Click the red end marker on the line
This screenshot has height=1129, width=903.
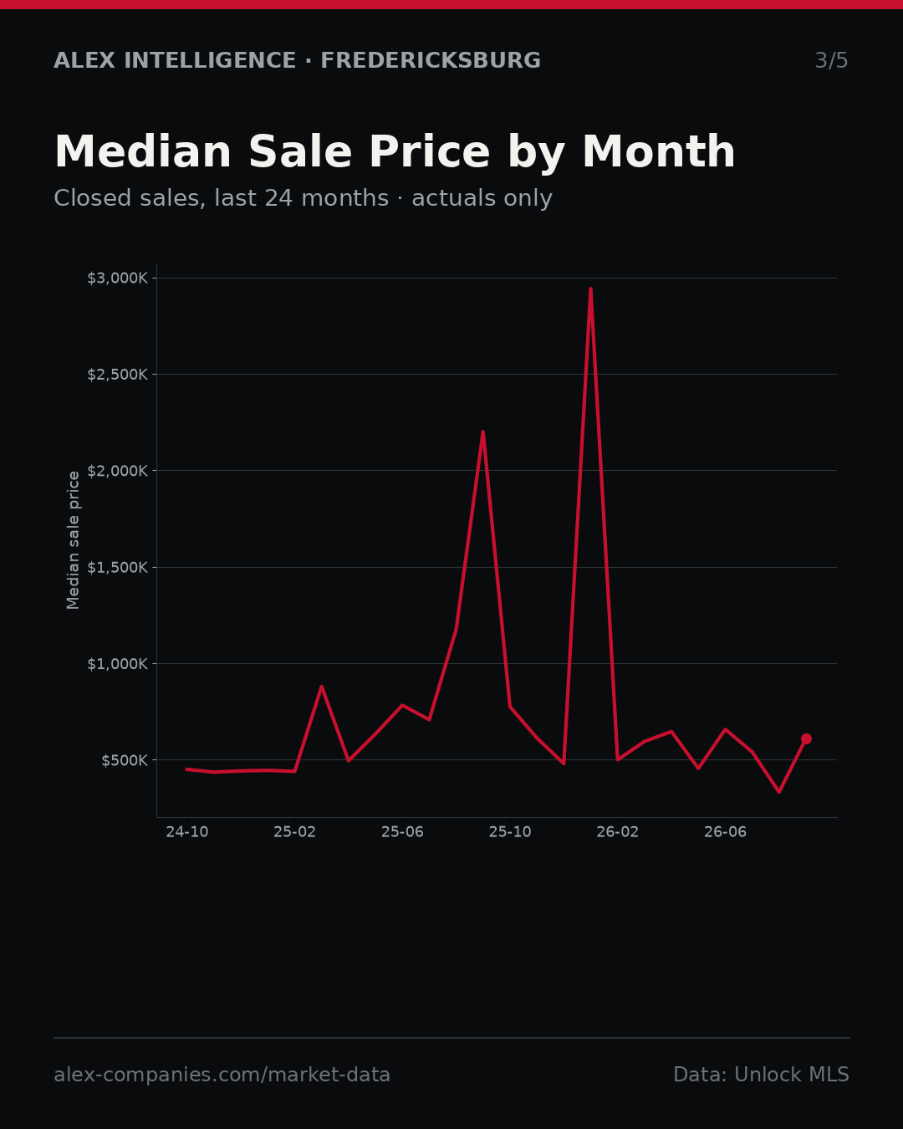click(x=806, y=738)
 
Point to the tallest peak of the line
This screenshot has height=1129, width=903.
click(x=590, y=289)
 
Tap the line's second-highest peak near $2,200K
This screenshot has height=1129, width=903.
click(x=482, y=432)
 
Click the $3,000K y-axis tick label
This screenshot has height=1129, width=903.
click(x=118, y=278)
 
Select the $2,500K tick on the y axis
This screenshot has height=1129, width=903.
click(x=118, y=375)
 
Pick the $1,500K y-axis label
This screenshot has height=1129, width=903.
click(x=118, y=567)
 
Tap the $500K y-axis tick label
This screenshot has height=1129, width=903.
click(x=125, y=760)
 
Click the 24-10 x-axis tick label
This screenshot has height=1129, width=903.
click(x=187, y=831)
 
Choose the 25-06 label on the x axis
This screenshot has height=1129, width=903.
click(x=402, y=831)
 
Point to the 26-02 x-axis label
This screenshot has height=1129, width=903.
click(x=618, y=831)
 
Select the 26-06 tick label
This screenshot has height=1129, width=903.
click(x=725, y=831)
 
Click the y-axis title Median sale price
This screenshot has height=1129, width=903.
click(x=73, y=540)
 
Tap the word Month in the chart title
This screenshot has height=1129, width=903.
click(x=659, y=151)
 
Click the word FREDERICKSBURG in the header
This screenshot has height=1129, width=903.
click(x=431, y=60)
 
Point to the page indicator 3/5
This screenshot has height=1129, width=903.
click(x=832, y=60)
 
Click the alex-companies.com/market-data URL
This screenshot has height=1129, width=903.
click(x=222, y=1075)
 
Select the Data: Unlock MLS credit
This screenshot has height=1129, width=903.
click(x=762, y=1075)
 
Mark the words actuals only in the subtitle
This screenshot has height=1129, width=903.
click(x=482, y=198)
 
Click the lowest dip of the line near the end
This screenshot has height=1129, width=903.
click(x=779, y=791)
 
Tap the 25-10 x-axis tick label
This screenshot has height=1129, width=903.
click(x=510, y=831)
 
